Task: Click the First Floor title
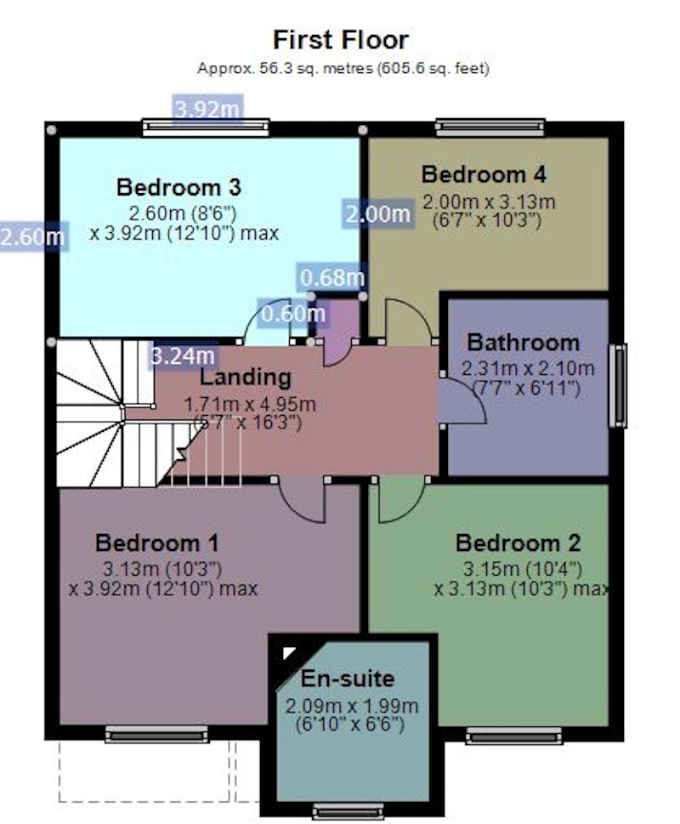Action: (x=340, y=40)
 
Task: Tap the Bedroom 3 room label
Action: (x=178, y=187)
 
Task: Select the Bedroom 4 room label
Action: (x=484, y=174)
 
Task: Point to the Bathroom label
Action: (x=523, y=343)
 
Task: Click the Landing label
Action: (x=245, y=378)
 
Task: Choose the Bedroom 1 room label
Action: (x=156, y=543)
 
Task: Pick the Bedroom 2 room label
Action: (x=518, y=543)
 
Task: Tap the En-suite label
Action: (x=347, y=679)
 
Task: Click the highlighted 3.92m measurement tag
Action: (x=207, y=109)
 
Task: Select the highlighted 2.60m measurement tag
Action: (x=32, y=236)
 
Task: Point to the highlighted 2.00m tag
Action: (x=377, y=214)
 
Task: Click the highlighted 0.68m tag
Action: (x=331, y=277)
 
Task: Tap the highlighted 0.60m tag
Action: (x=292, y=313)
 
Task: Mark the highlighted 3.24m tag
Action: (x=182, y=355)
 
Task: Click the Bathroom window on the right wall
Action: (x=618, y=385)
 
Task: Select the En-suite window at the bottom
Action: (x=348, y=811)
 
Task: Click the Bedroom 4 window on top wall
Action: (x=490, y=128)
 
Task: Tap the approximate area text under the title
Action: (x=343, y=68)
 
